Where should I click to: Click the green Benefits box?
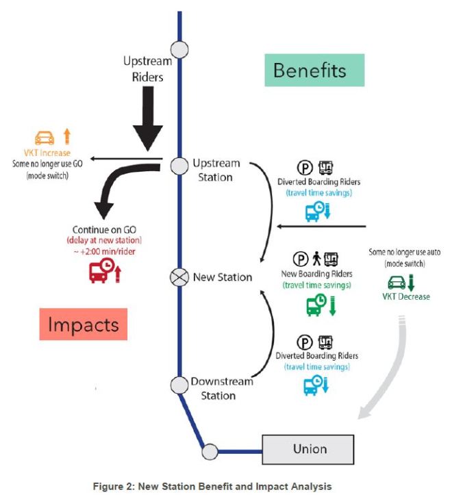[x=310, y=70]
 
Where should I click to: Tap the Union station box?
[x=310, y=450]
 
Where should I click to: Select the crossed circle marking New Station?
[x=179, y=277]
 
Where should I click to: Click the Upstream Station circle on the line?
[x=179, y=165]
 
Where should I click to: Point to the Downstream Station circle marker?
[x=179, y=385]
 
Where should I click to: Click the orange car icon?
[x=45, y=136]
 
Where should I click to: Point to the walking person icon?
[x=316, y=259]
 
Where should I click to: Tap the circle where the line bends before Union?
[x=209, y=451]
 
